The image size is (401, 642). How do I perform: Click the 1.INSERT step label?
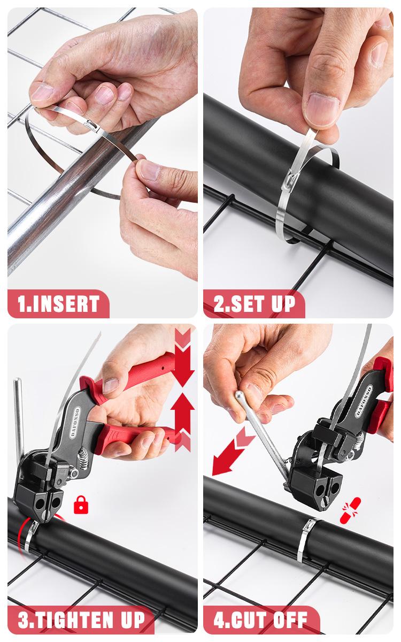coord(58,304)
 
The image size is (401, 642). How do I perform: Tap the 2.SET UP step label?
coord(254,304)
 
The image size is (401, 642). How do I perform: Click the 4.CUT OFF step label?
coord(260,621)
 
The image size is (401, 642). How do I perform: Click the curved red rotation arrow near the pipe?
coord(24,527)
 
